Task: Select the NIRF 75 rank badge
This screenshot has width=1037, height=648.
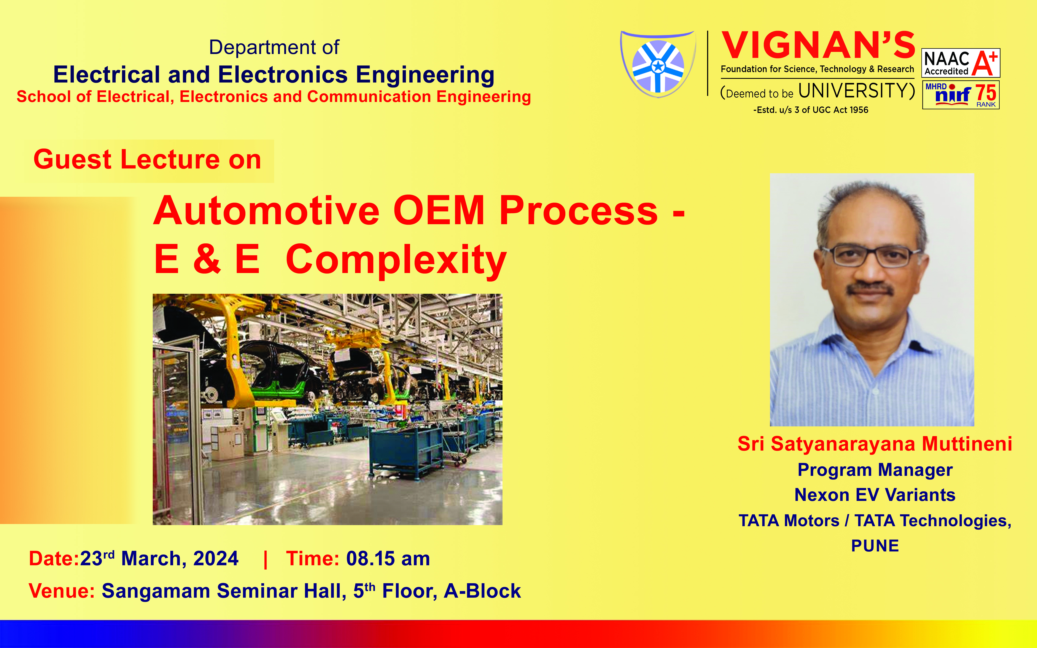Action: coord(961,95)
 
